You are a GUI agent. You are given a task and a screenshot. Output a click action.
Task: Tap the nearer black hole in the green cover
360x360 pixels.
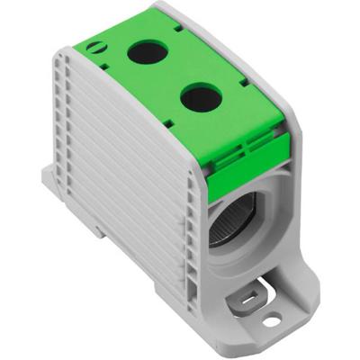[199, 95]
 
